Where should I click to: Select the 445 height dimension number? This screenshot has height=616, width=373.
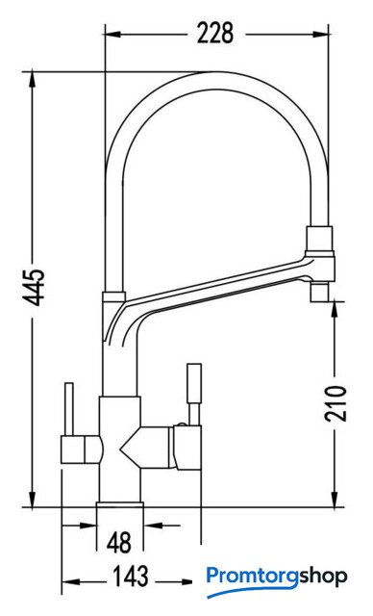point(34,287)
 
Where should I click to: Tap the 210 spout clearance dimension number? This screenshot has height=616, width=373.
point(336,403)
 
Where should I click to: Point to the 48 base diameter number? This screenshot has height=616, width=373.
point(119,543)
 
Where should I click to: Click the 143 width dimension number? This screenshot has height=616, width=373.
point(131,576)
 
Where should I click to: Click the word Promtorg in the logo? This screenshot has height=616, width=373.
point(253,577)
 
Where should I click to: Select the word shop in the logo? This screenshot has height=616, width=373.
point(324,577)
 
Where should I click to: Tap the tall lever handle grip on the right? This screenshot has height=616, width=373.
point(194,383)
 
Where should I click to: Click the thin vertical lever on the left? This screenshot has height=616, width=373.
point(69,408)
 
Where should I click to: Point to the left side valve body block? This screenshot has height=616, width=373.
point(81,449)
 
